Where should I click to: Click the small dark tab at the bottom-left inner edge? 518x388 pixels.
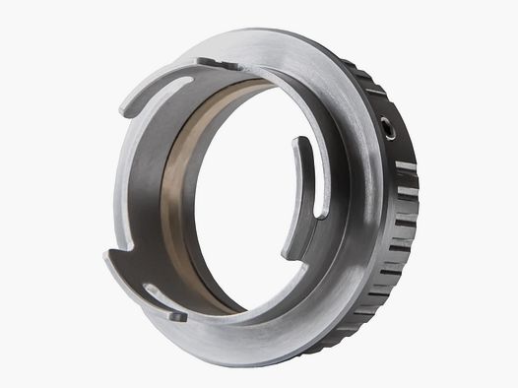(176, 316)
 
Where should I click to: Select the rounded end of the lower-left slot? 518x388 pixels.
(148, 289)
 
